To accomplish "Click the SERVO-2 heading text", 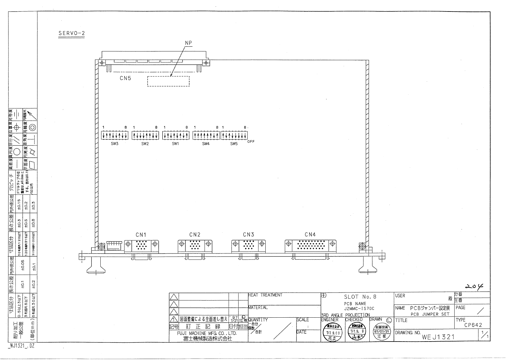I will click(71, 33).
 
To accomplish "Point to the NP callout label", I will click(188, 43).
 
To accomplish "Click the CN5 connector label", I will click(125, 78).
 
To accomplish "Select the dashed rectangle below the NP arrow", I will click(168, 81).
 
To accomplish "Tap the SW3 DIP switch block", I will click(115, 136).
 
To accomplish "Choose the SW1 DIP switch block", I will click(175, 136).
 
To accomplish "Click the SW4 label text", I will click(206, 144).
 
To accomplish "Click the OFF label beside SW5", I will click(251, 142).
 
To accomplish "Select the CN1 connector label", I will click(141, 234).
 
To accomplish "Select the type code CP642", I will click(473, 325).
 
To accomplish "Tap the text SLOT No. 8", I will click(360, 297).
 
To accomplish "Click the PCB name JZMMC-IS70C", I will click(359, 309).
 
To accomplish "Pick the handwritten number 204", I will click(474, 286).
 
